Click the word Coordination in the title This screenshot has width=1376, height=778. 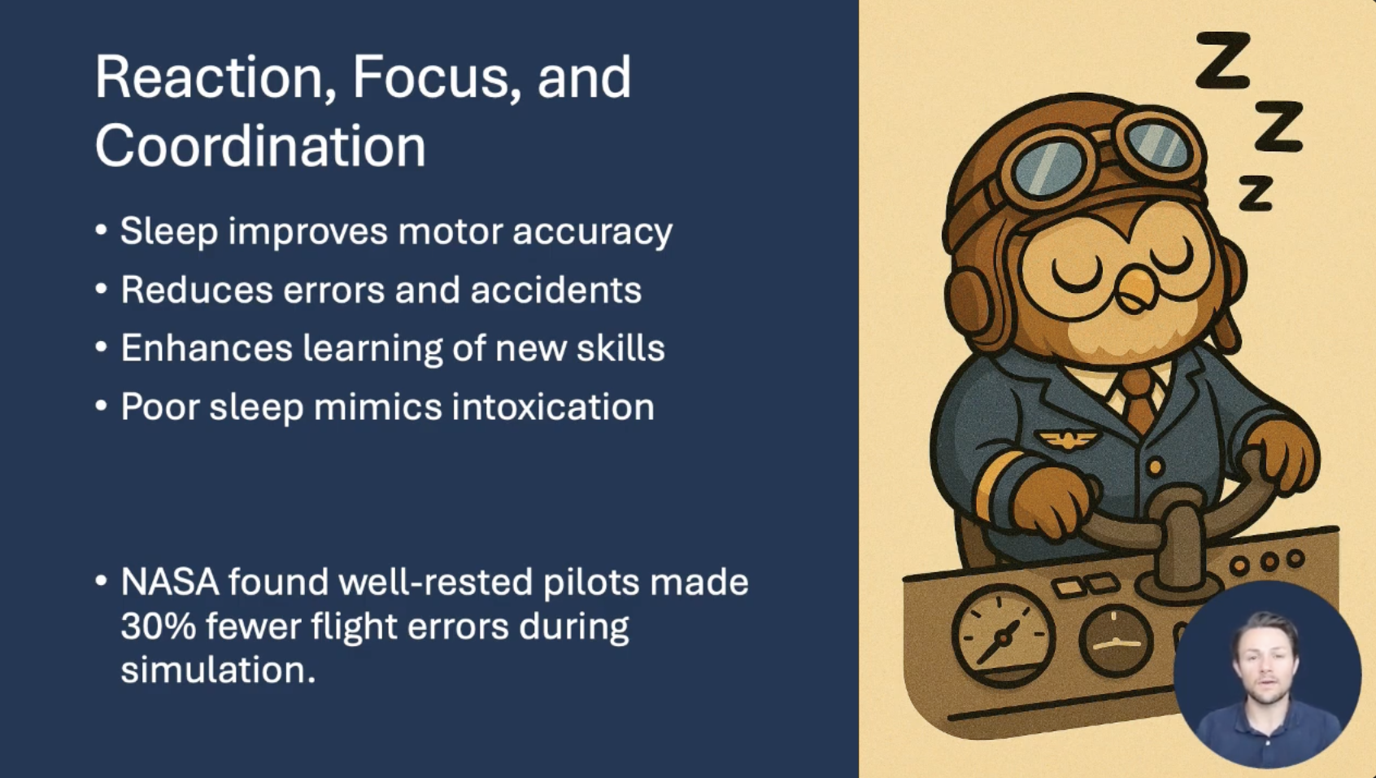click(x=260, y=145)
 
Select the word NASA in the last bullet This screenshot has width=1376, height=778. click(x=170, y=582)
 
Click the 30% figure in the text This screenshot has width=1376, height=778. click(x=159, y=626)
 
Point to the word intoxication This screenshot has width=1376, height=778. click(x=553, y=407)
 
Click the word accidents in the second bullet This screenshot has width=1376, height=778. click(x=556, y=290)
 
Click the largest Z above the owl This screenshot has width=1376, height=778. click(x=1224, y=61)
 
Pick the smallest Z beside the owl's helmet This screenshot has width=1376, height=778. click(x=1255, y=193)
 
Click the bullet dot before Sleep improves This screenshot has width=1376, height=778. click(x=102, y=231)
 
